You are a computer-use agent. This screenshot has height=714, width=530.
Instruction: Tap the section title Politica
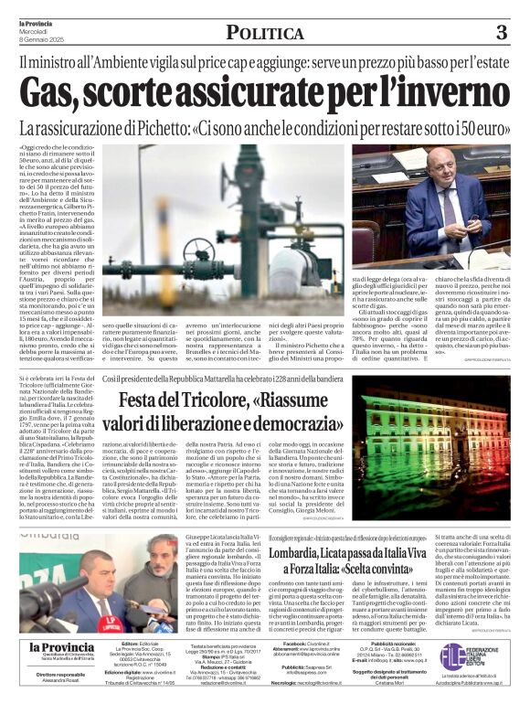click(x=265, y=34)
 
